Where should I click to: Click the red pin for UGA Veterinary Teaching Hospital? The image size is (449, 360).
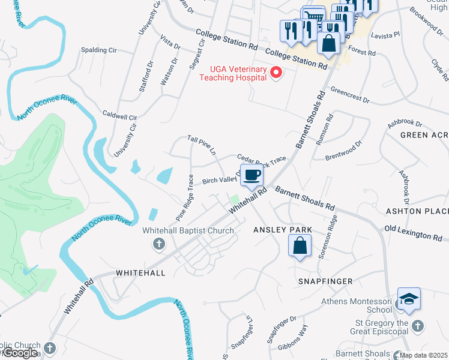276,73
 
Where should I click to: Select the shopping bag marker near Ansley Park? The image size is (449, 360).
300,246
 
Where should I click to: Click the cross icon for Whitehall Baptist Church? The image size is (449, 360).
159,243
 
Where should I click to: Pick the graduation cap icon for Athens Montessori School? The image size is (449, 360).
408,300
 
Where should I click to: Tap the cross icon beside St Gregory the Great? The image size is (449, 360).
418,326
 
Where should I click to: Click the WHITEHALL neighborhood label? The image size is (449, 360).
140,272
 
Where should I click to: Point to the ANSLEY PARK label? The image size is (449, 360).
283,230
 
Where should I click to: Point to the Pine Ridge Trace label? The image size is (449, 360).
184,197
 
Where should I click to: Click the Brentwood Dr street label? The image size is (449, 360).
344,150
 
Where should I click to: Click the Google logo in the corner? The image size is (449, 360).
20,353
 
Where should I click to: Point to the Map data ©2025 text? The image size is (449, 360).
424,355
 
